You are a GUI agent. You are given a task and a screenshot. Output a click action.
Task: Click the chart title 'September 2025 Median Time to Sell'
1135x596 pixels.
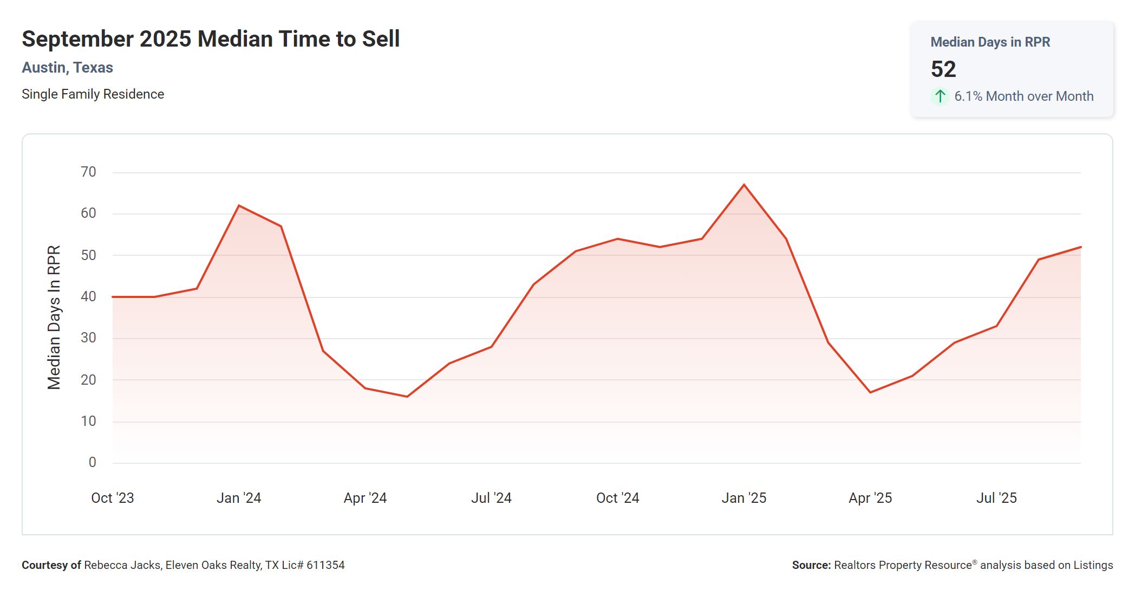click(x=211, y=39)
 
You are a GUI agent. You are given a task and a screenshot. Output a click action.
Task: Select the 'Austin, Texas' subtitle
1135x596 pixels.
click(x=67, y=68)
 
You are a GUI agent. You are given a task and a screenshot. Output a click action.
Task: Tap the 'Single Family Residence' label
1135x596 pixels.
click(x=93, y=94)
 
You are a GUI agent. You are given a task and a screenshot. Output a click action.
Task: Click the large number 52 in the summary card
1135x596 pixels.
click(x=943, y=69)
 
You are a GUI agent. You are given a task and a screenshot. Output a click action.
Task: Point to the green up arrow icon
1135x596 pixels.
click(x=940, y=96)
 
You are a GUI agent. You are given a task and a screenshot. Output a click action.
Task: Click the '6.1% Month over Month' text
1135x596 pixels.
click(x=1023, y=96)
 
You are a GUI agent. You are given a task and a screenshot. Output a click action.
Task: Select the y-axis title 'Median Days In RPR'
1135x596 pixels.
click(x=54, y=318)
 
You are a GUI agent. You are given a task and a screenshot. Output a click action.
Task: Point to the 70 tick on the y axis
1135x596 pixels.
click(x=88, y=172)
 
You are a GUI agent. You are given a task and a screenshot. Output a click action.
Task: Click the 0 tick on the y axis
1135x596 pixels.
click(x=93, y=463)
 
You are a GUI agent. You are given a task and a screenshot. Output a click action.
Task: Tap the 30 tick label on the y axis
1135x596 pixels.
click(x=88, y=338)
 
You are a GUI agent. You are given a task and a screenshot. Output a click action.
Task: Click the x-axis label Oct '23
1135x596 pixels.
click(x=112, y=498)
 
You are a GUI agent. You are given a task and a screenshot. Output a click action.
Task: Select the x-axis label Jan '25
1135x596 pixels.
click(x=743, y=498)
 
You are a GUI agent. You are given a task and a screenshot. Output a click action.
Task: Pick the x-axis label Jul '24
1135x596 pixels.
click(x=491, y=498)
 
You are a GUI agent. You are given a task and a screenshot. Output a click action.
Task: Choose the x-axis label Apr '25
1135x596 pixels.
click(x=870, y=498)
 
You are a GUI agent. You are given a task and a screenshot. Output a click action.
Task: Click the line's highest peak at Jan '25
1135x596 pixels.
click(x=744, y=185)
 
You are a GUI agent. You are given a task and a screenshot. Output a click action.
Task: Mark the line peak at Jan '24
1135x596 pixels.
click(x=239, y=206)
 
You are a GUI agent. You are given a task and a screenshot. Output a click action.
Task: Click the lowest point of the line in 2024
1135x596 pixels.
click(x=407, y=397)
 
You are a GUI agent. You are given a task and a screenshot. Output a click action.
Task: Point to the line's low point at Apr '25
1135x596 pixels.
click(x=870, y=392)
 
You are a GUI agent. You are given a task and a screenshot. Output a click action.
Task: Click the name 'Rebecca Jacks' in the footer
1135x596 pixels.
click(x=122, y=565)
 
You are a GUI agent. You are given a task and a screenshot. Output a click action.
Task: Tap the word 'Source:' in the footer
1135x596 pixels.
click(x=811, y=565)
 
